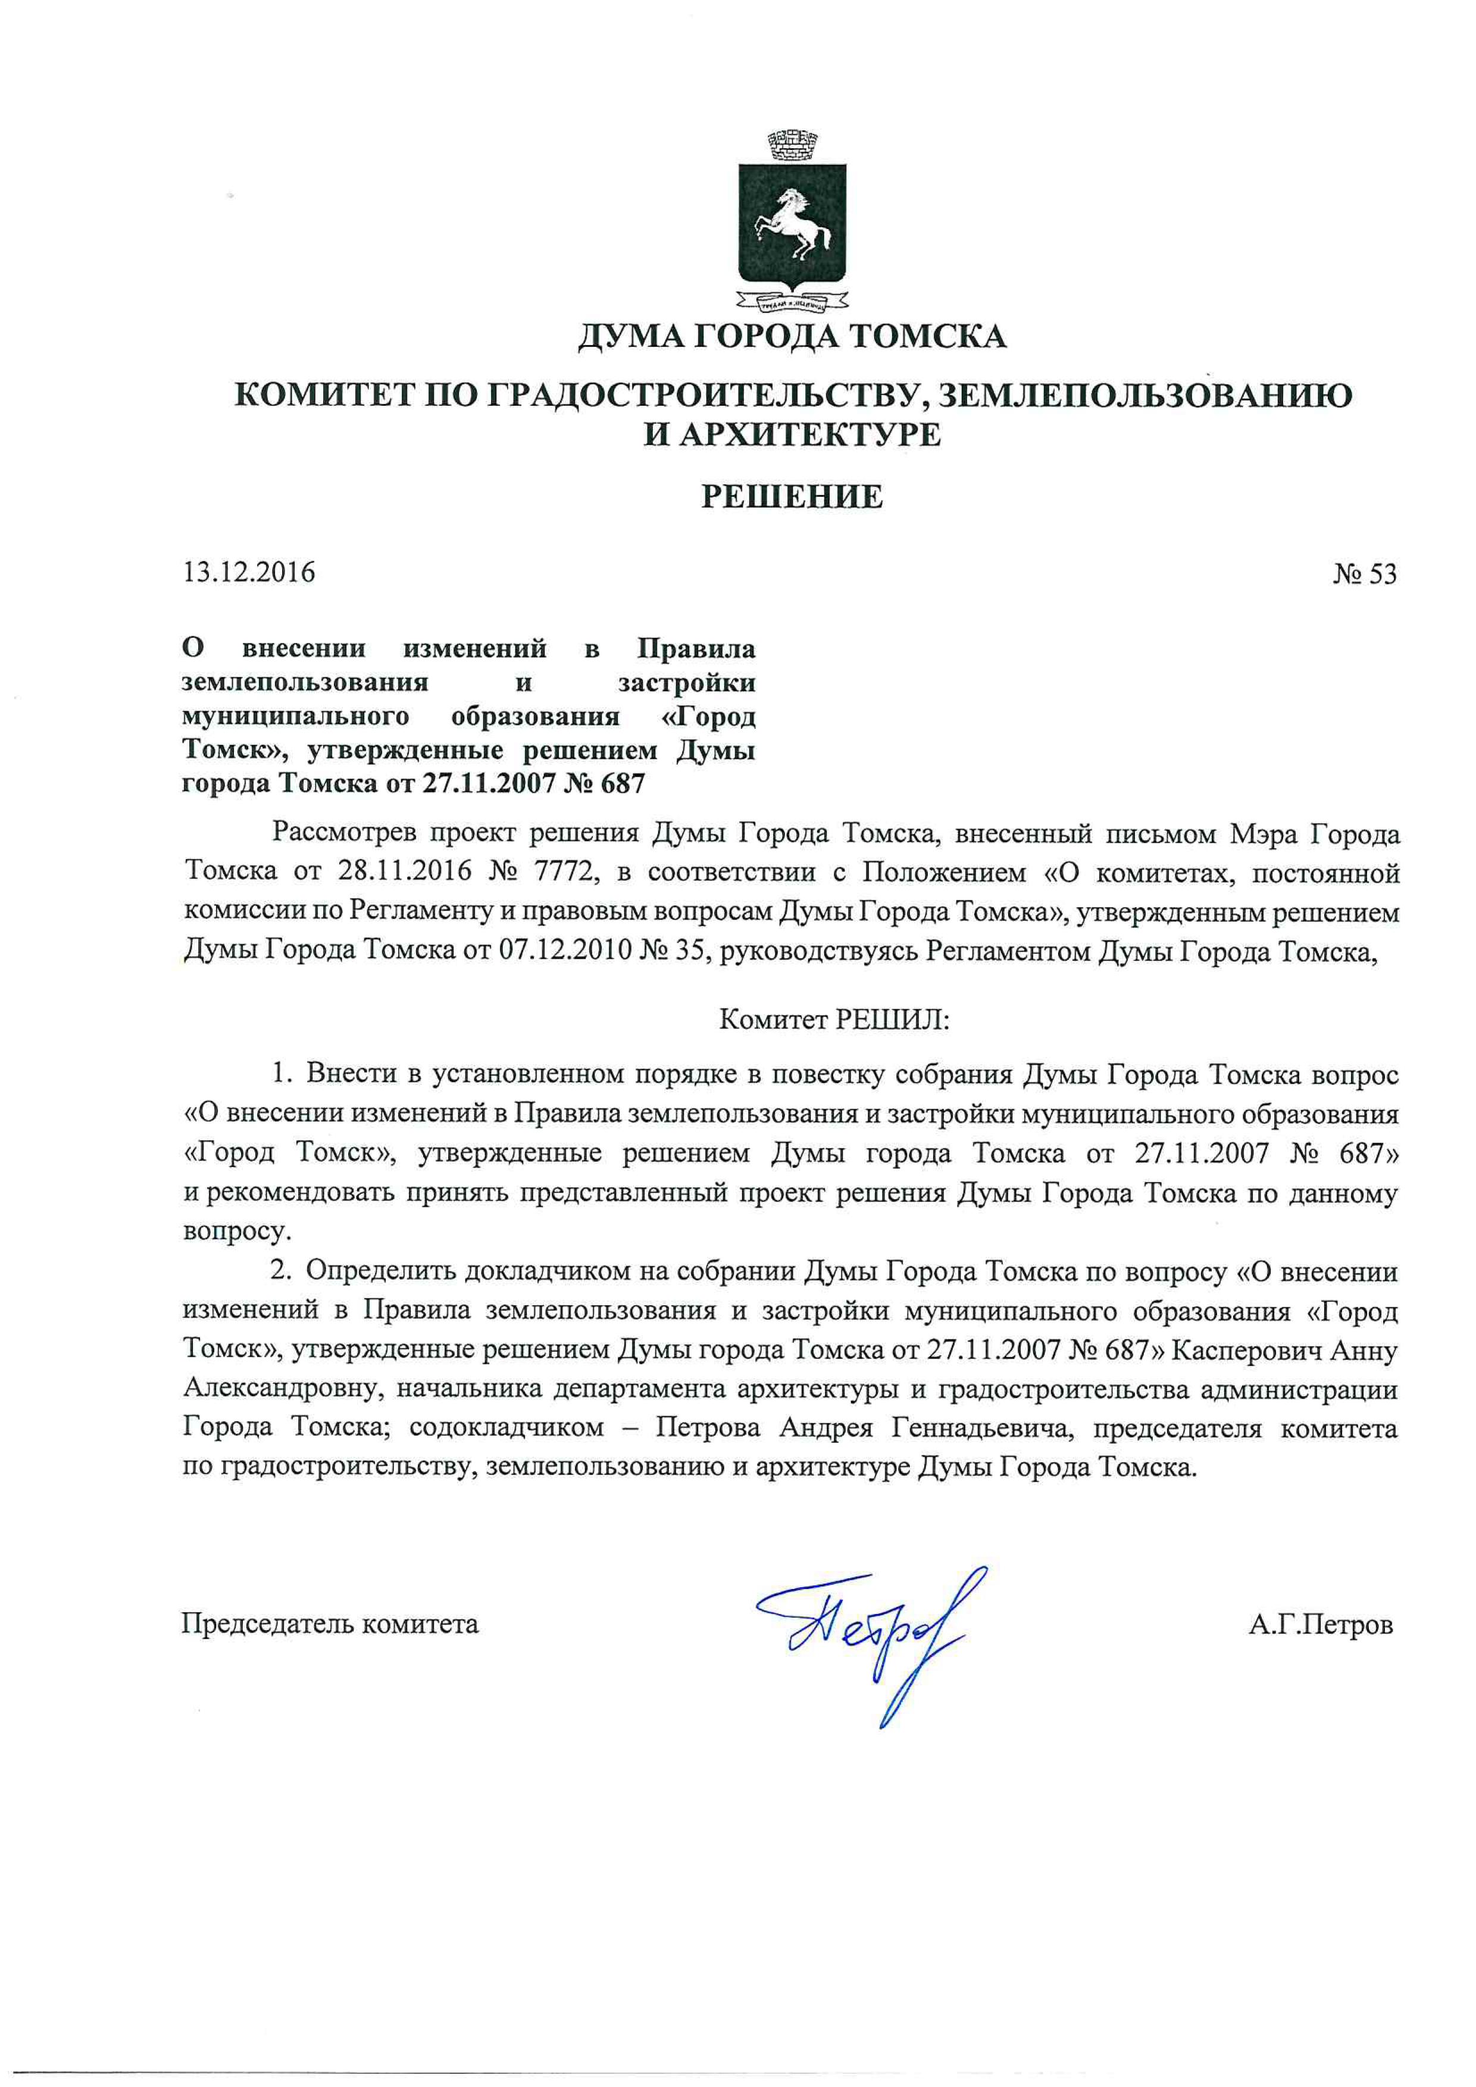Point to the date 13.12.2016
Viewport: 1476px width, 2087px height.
tap(249, 572)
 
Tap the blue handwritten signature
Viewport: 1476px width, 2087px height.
tap(868, 1635)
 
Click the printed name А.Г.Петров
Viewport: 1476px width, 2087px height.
tap(1319, 1625)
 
